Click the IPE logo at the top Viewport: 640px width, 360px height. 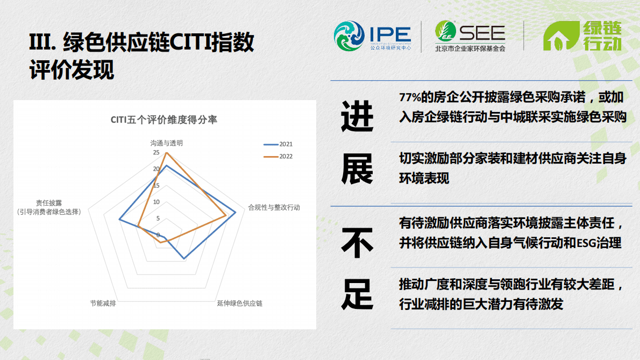click(372, 36)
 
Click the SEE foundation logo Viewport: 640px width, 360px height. click(470, 36)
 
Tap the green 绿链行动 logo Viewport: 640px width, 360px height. click(582, 36)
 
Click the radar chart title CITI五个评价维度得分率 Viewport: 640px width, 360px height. click(164, 119)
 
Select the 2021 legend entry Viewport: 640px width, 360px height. click(278, 144)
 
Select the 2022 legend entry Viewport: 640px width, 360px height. click(278, 157)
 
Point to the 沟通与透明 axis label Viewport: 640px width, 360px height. click(166, 143)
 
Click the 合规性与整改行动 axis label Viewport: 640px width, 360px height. click(274, 207)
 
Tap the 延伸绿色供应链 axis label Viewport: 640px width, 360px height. click(239, 303)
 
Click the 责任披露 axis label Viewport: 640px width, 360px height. click(49, 203)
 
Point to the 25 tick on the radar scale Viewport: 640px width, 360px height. click(156, 153)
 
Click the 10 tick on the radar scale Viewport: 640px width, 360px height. click(156, 202)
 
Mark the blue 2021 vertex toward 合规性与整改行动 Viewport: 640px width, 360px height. click(236, 213)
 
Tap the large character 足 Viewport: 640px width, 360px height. click(357, 294)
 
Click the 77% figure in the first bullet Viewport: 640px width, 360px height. click(409, 97)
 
